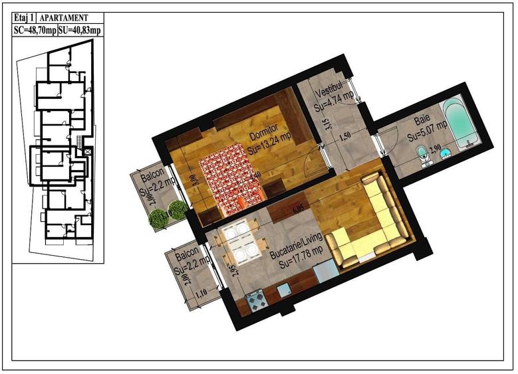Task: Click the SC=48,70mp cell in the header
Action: click(35, 31)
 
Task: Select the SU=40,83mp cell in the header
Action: click(80, 31)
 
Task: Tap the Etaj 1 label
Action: click(24, 19)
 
